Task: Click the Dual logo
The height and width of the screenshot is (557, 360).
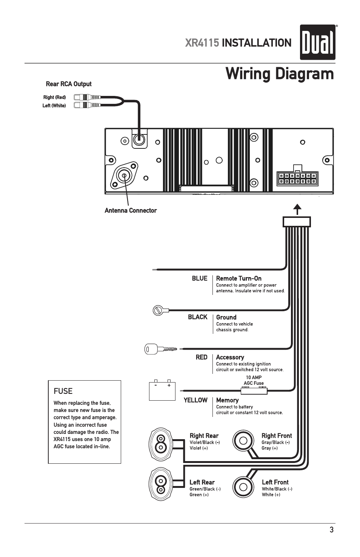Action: pos(317,42)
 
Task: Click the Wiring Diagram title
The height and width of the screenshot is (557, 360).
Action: pos(279,74)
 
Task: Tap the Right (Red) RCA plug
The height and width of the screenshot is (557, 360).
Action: pos(87,97)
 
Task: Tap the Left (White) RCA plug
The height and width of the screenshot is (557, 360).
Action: pos(87,105)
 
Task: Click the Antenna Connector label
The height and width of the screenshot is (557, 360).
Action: pos(131,211)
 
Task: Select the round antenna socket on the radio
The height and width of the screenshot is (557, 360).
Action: pos(124,175)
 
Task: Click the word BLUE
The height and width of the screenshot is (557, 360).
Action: pos(199,278)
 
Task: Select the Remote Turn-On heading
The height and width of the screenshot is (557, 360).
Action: pos(238,278)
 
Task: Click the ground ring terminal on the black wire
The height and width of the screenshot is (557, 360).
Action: pos(158,310)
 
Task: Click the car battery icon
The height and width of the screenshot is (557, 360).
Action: pos(162,390)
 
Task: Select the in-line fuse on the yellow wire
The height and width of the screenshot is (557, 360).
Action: pos(254,391)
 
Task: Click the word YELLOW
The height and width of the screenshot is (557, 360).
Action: pos(195,400)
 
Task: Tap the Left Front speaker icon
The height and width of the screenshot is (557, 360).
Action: pos(243,487)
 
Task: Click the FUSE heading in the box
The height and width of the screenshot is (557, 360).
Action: pos(63,391)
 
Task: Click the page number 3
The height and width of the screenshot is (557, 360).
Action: pos(331,530)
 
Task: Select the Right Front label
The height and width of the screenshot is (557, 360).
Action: pos(277,436)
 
